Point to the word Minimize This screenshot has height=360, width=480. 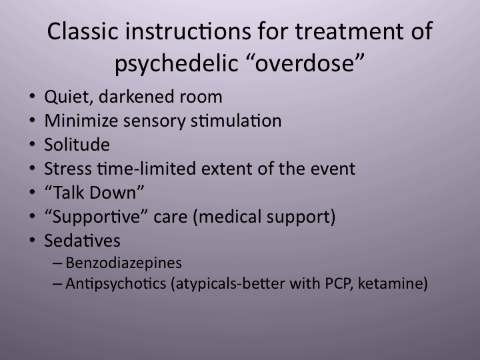(77, 121)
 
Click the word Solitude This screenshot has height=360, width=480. (77, 145)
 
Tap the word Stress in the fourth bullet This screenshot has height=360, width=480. (65, 169)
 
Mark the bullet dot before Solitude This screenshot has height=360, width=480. (33, 145)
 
